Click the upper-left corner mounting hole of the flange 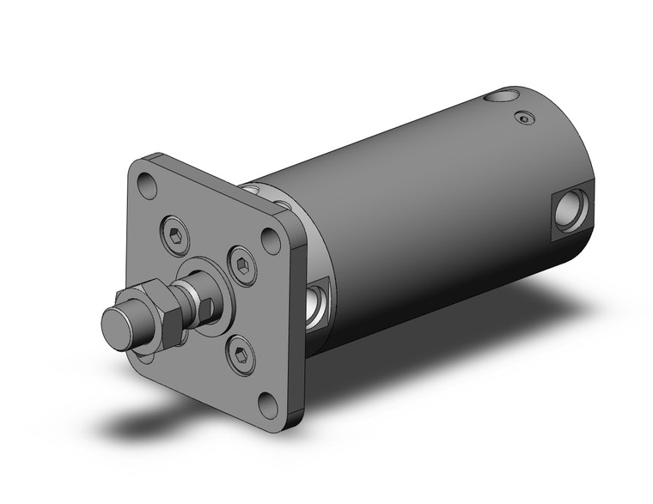[147, 182]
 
